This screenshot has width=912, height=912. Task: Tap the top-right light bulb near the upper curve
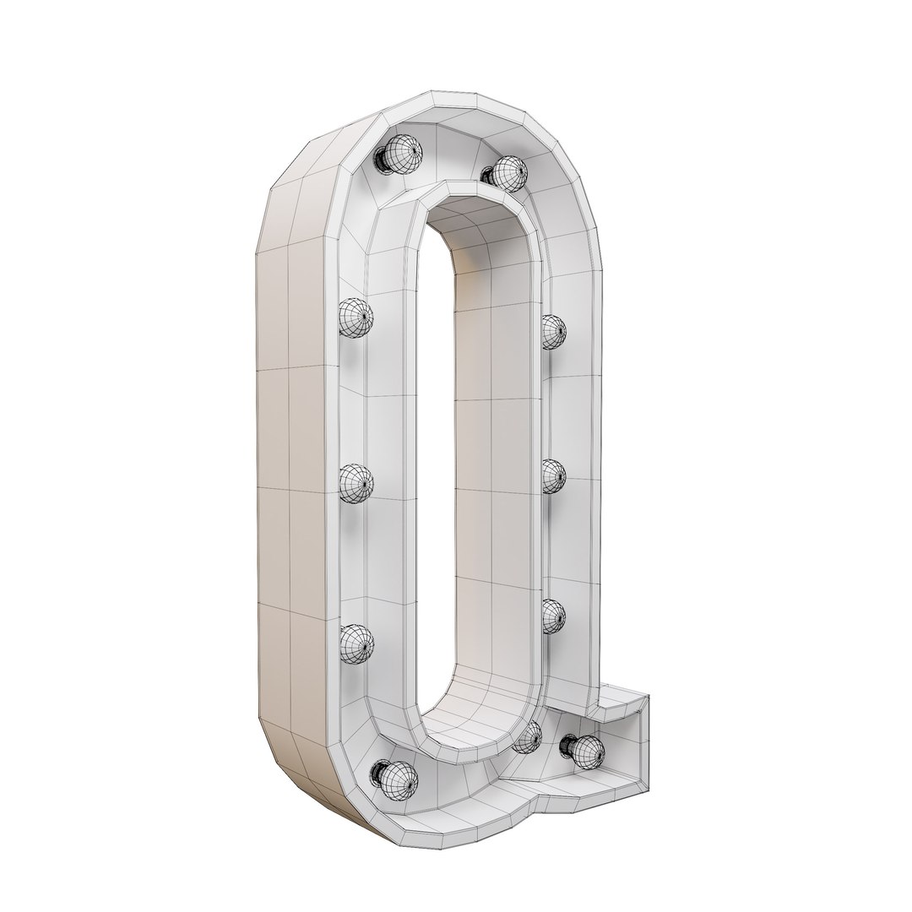pyautogui.click(x=509, y=171)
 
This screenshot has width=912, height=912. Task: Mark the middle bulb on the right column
pyautogui.click(x=554, y=476)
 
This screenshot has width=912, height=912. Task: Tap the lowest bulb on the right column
pyautogui.click(x=553, y=616)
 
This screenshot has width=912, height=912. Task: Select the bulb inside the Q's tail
pyautogui.click(x=588, y=747)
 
